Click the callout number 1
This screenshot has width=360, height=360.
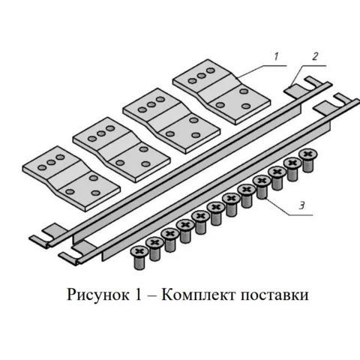pos(276,56)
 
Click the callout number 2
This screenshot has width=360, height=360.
pos(315,56)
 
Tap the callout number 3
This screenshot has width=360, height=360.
pos(302,205)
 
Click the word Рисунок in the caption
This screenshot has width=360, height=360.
pos(98,295)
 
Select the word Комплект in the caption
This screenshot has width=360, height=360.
pos(198,295)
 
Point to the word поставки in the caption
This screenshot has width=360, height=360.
pos(274,295)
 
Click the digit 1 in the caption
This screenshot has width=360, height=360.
pos(138,295)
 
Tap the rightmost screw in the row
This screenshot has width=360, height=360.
pos(308,160)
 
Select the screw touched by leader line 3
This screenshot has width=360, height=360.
pos(262,187)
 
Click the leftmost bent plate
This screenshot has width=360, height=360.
pos(71,178)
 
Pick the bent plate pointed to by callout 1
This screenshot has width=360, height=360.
pos(221,91)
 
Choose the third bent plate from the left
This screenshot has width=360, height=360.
pos(172,121)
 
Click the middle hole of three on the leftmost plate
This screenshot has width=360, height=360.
pos(51,162)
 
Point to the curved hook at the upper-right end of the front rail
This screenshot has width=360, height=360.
pos(344,100)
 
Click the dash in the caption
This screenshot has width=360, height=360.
pos(151,296)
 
